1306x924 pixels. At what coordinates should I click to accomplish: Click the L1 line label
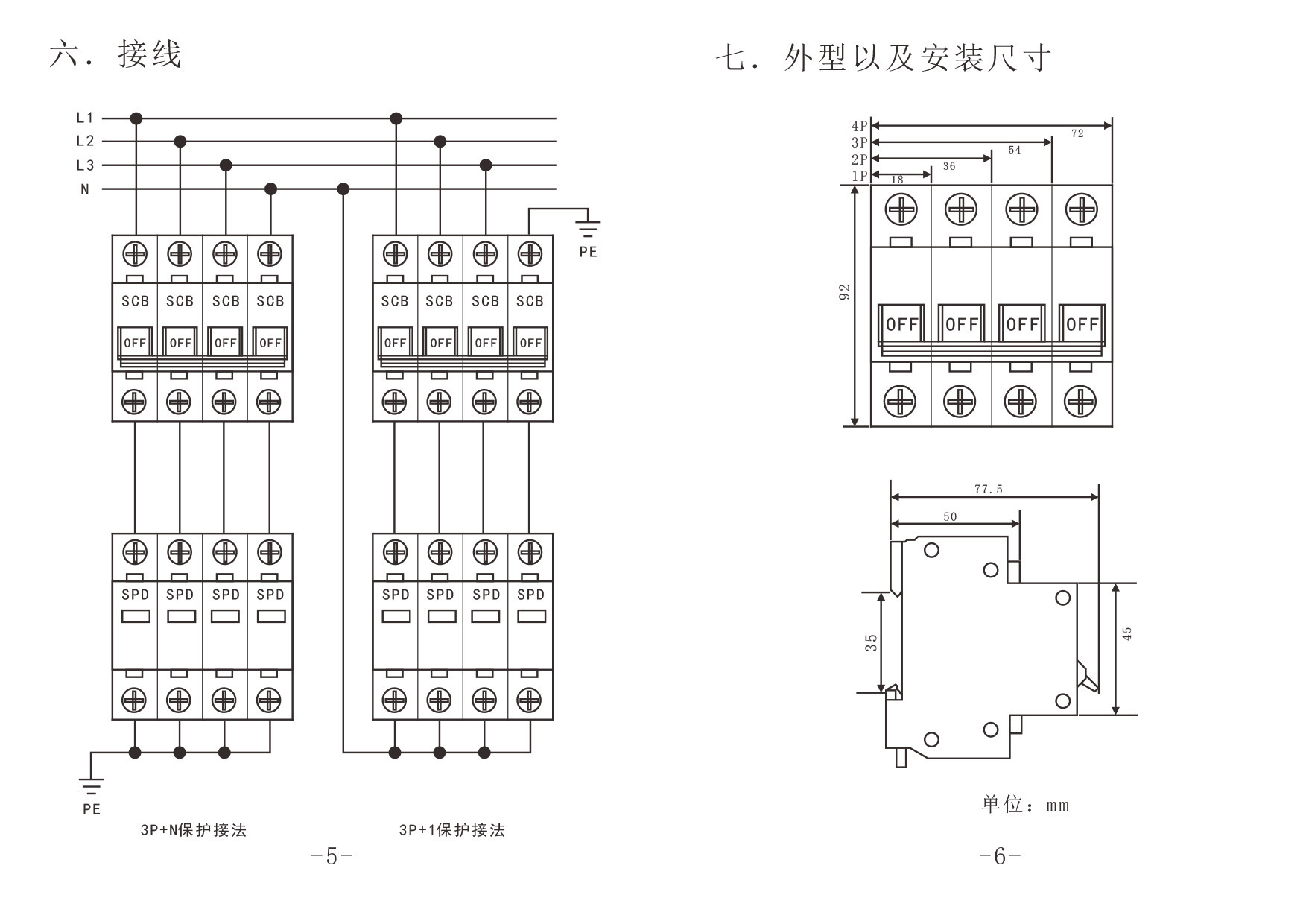(85, 118)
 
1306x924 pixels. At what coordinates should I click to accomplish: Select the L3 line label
(85, 165)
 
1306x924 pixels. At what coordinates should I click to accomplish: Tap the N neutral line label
(85, 189)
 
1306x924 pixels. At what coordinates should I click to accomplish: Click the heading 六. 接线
(115, 55)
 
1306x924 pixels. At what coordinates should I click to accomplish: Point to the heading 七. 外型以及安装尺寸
(884, 58)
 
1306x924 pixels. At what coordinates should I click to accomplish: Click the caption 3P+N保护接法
(194, 830)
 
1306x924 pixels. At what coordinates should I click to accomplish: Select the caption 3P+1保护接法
(452, 830)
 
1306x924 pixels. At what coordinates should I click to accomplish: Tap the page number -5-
(332, 857)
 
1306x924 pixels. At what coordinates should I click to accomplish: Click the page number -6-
(1000, 857)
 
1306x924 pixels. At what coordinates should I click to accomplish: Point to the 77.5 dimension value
(989, 490)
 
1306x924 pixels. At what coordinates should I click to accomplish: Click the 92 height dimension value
(844, 291)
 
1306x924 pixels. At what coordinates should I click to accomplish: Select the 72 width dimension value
(1077, 134)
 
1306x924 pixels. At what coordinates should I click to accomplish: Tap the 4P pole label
(859, 127)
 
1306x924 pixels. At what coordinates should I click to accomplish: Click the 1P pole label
(859, 176)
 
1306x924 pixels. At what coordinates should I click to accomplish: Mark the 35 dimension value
(871, 642)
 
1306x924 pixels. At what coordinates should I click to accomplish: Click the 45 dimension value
(1127, 633)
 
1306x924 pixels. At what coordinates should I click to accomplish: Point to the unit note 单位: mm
(1025, 805)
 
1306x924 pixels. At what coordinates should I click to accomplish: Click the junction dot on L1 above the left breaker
(136, 118)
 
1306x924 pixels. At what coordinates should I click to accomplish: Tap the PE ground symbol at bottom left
(91, 785)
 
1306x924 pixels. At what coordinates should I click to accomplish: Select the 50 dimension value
(950, 516)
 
